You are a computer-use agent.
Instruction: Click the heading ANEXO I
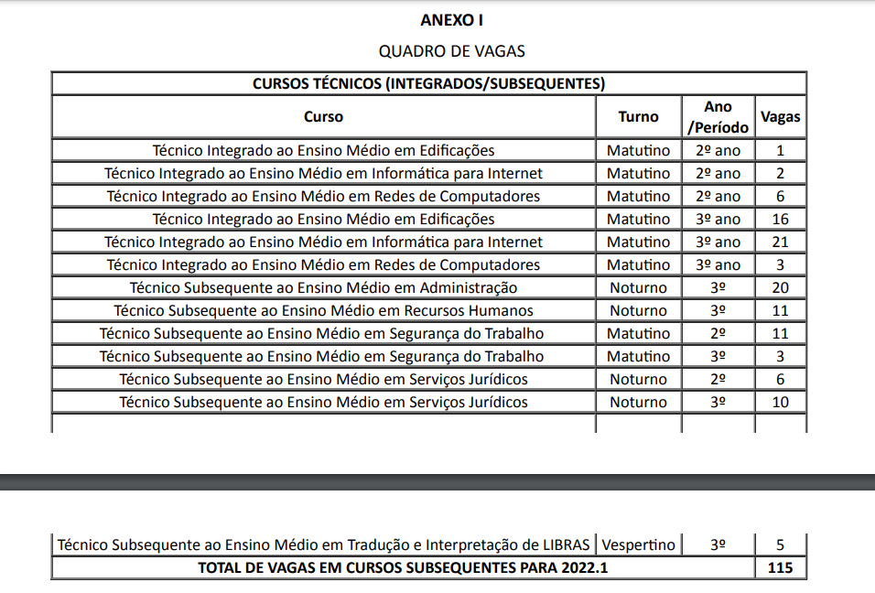451,19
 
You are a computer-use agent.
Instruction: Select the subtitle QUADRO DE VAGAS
451,51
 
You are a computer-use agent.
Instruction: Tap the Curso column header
323,116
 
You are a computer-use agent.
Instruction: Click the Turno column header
638,116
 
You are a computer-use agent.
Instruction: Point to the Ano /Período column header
718,117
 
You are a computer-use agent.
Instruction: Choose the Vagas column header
780,116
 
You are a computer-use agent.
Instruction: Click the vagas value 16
780,219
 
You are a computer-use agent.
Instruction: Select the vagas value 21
780,242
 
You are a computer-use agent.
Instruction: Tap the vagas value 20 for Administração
780,287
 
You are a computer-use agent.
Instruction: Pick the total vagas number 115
780,568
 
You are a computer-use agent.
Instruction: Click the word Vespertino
639,545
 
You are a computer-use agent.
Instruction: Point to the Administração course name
323,287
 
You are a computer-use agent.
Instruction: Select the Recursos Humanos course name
323,310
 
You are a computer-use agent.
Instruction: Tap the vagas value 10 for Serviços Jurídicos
780,402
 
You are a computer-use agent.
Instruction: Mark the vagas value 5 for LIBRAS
780,545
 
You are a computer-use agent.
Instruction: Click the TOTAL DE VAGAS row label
403,568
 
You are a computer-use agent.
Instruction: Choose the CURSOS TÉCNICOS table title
428,83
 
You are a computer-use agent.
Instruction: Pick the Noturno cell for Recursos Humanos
638,310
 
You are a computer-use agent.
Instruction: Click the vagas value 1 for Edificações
780,150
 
